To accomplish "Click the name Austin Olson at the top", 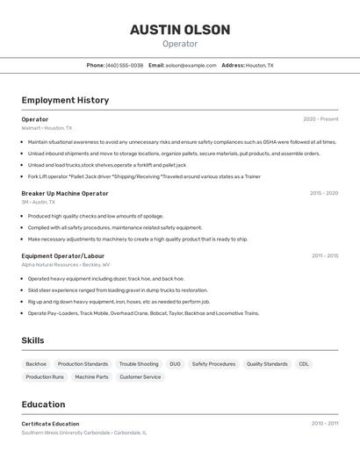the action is [180, 30].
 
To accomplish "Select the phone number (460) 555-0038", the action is [125, 65].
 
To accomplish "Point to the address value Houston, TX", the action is [259, 65].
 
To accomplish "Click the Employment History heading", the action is [65, 100].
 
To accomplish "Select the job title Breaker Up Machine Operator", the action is [65, 193].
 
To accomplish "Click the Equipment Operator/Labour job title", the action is [63, 256].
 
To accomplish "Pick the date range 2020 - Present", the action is [320, 119].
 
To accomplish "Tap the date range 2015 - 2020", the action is [324, 193].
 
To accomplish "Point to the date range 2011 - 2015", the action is [324, 256].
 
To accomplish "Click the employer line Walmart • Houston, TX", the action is [47, 128].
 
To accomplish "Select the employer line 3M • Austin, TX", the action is [39, 202].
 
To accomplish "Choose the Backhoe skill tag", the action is [36, 363].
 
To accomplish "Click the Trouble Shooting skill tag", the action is [139, 363].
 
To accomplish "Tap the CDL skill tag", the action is [304, 363].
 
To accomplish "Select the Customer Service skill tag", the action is [140, 376].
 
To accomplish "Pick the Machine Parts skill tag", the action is [91, 376].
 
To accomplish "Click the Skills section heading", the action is [33, 340].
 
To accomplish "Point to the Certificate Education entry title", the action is [50, 424].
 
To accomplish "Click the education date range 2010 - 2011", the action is [324, 424].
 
